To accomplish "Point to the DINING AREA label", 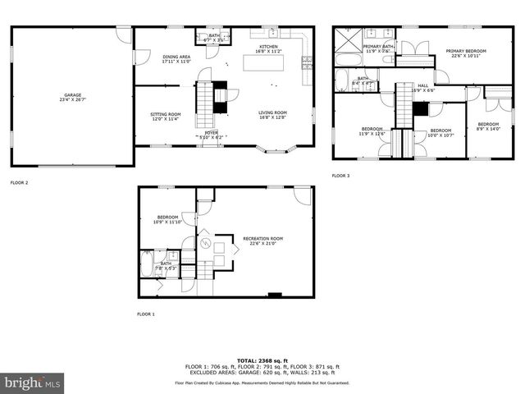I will point(176,58).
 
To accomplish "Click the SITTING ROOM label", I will point(166,117).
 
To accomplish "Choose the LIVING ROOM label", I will point(272,115).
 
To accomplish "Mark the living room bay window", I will point(274,150).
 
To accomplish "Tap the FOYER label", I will point(212,135).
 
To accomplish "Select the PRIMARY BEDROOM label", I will point(463,53).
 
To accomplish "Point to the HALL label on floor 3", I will point(422,87).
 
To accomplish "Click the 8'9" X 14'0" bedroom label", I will point(488,126).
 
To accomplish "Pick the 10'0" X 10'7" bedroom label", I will point(441,132).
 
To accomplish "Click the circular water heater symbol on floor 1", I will point(206,244).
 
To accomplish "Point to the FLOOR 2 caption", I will point(19,182).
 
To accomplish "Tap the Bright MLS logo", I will point(33,383).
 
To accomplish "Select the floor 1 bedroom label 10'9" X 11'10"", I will point(167,220).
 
